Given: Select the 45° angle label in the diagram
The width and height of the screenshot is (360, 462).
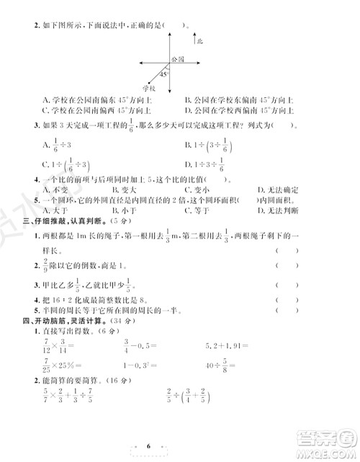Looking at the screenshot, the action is pyautogui.click(x=163, y=74).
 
